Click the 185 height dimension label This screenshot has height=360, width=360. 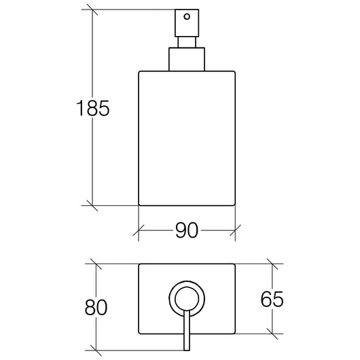tap(93, 108)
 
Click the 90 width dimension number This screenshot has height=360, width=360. tap(187, 230)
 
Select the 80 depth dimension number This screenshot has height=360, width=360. tap(96, 307)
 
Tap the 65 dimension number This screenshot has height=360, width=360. tap(272, 299)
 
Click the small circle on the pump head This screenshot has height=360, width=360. tap(187, 16)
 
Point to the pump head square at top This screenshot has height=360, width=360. tap(187, 23)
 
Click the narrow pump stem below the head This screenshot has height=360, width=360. tap(187, 42)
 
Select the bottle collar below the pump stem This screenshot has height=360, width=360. tap(187, 59)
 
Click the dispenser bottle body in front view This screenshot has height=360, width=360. tap(187, 138)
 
